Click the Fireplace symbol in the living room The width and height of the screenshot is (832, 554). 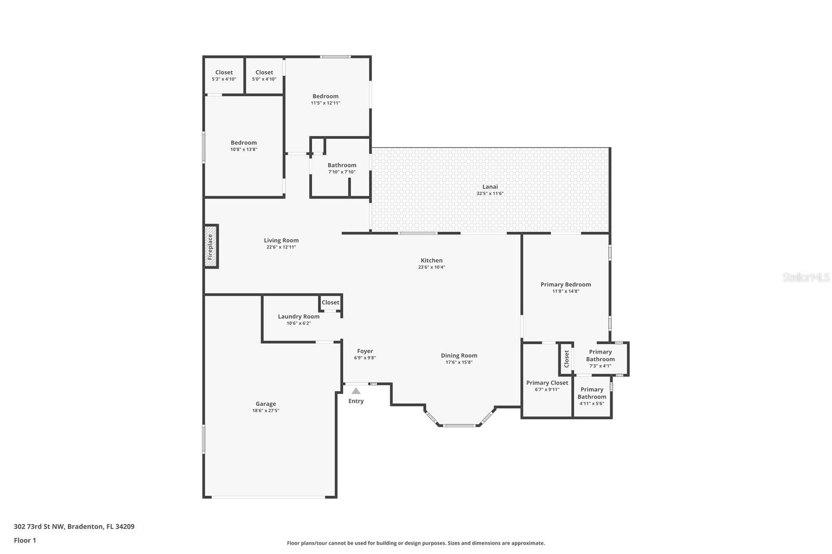(211, 246)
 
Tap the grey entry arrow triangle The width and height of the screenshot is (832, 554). (356, 391)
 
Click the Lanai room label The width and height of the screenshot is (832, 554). (490, 187)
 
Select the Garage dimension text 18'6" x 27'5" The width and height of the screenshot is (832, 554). (266, 411)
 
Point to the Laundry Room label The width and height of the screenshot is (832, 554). (298, 316)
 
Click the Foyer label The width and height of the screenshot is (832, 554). (365, 351)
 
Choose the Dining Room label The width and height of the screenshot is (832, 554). (459, 355)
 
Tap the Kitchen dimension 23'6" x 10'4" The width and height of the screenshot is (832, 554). (432, 267)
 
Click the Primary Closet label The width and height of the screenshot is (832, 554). (547, 383)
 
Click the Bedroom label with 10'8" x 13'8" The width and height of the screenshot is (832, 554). (244, 142)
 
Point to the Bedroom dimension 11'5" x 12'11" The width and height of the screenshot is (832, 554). (326, 103)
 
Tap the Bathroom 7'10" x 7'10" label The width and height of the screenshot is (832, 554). (342, 165)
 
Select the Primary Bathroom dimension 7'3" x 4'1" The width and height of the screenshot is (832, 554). (600, 366)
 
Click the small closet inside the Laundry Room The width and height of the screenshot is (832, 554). (330, 302)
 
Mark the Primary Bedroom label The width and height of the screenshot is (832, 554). (566, 284)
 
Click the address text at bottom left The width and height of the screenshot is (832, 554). (74, 526)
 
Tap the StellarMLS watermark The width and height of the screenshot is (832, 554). (806, 277)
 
